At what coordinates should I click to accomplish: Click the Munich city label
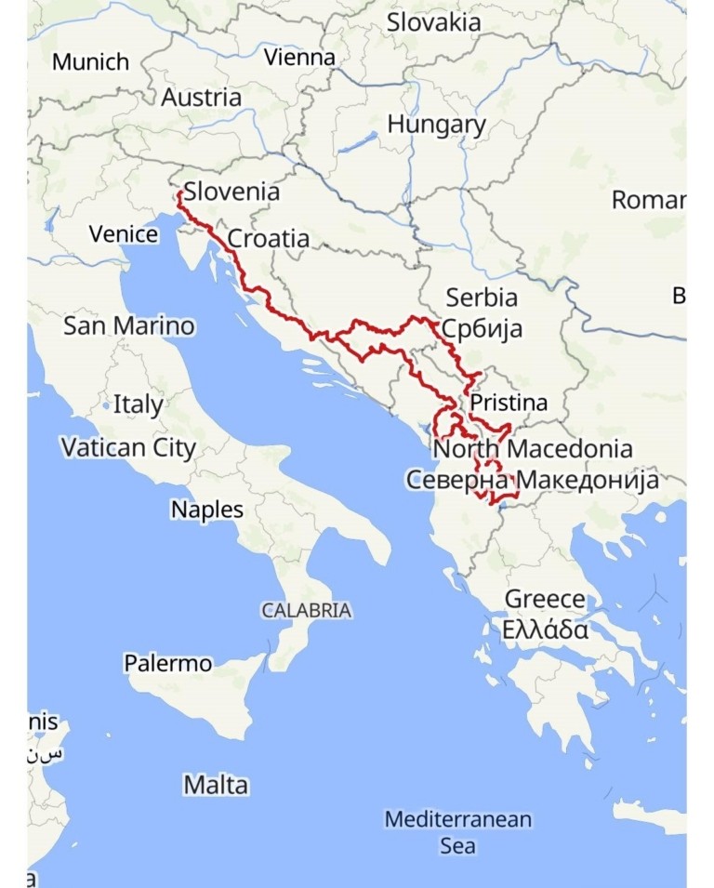90,62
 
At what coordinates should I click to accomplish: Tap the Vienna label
299,58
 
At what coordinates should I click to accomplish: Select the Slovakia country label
434,22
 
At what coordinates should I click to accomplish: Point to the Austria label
201,98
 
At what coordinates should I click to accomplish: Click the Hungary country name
436,125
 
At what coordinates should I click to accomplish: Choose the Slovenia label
231,192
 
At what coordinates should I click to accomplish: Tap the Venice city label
124,233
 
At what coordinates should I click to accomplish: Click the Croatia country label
269,239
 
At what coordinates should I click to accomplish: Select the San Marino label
129,326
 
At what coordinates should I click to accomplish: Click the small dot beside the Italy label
107,406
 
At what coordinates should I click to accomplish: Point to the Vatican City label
128,448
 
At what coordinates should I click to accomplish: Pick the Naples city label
207,510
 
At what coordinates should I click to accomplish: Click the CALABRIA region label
306,611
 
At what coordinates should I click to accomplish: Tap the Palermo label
167,664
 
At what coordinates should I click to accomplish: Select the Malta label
216,785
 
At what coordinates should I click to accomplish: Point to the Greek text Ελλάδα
545,630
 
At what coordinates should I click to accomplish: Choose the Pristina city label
509,404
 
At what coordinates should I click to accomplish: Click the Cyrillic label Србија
482,328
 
